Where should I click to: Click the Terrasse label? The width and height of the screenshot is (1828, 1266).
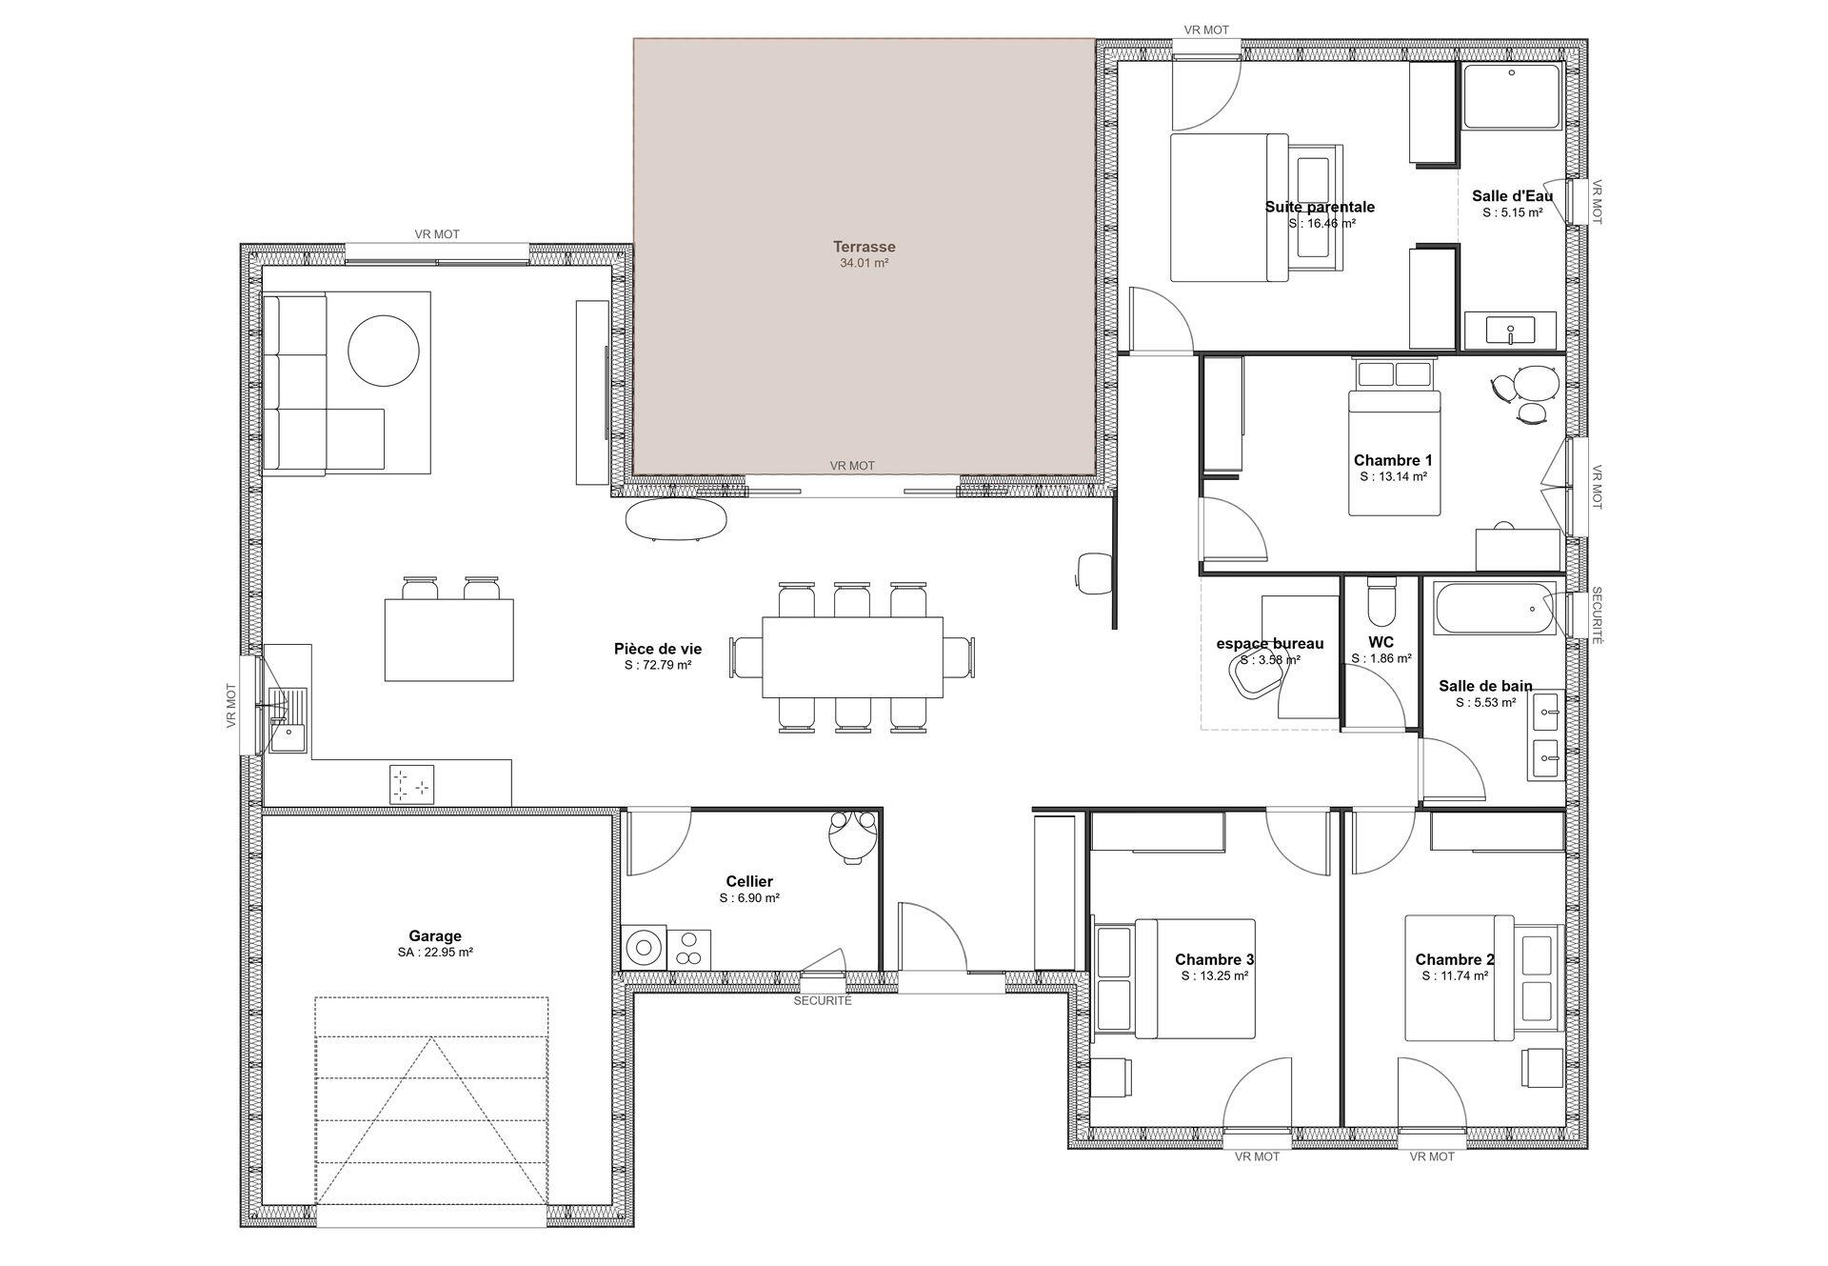click(x=864, y=247)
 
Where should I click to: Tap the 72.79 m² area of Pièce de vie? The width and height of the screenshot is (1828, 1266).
click(x=658, y=666)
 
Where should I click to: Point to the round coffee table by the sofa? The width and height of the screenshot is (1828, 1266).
click(x=384, y=351)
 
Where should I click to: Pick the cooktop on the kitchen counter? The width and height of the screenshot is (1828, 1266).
click(x=411, y=784)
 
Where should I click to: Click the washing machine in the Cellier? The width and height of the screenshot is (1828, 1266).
click(x=645, y=948)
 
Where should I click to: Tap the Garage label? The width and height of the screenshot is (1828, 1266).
click(x=435, y=936)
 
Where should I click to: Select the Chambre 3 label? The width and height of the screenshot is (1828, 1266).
click(x=1214, y=959)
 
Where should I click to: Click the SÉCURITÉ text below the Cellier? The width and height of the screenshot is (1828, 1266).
click(x=823, y=1001)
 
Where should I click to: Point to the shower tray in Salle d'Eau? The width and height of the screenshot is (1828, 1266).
click(x=1512, y=96)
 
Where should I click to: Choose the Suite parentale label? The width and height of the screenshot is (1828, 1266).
click(x=1320, y=207)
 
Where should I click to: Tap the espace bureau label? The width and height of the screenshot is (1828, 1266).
click(x=1270, y=644)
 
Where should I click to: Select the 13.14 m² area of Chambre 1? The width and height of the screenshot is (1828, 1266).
click(x=1393, y=476)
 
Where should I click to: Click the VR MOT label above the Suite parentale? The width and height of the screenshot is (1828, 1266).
click(x=1206, y=30)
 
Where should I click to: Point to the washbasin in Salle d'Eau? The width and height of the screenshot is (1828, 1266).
click(x=1511, y=330)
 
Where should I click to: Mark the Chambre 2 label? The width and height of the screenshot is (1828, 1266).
click(x=1455, y=959)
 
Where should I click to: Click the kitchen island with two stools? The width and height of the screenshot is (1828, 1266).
click(x=448, y=639)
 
